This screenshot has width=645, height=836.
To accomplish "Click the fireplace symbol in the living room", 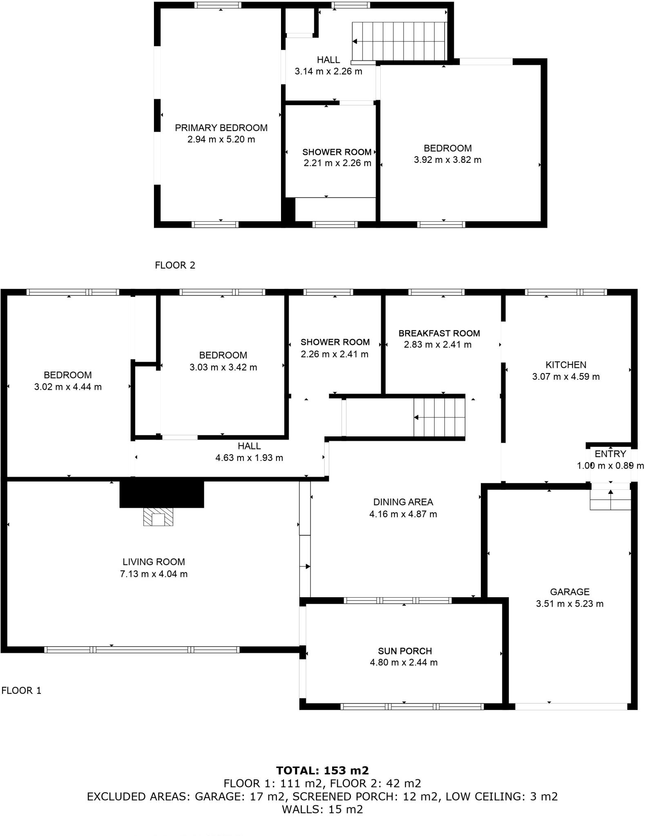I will point(158,517).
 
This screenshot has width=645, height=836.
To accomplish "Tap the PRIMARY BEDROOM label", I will point(221,128).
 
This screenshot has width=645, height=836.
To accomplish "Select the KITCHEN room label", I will point(566,365).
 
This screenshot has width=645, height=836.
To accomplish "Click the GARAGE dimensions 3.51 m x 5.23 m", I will point(569,604).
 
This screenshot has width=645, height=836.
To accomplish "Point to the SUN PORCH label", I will point(404,651).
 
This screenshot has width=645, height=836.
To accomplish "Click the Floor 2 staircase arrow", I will point(355,41).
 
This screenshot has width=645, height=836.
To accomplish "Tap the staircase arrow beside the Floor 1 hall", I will point(416,417).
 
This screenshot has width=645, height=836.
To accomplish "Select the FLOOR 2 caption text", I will point(175,265).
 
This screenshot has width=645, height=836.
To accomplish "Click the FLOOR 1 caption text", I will point(21,691).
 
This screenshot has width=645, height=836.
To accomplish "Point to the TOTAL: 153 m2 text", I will point(322,771).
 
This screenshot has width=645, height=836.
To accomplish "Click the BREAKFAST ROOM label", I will point(439,333).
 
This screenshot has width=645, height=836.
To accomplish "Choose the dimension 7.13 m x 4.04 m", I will point(154,574).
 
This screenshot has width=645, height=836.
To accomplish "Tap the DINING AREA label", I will point(403,502).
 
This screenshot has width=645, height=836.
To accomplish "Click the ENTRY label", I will point(610,454).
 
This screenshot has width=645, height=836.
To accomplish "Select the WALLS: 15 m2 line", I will point(322,809).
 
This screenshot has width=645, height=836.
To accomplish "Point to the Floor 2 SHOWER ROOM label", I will point(337,152).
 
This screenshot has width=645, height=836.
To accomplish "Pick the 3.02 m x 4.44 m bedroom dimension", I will point(68,387).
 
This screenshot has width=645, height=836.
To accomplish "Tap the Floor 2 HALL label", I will point(328,60).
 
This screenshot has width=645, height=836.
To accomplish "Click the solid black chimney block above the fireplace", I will point(161,494).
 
